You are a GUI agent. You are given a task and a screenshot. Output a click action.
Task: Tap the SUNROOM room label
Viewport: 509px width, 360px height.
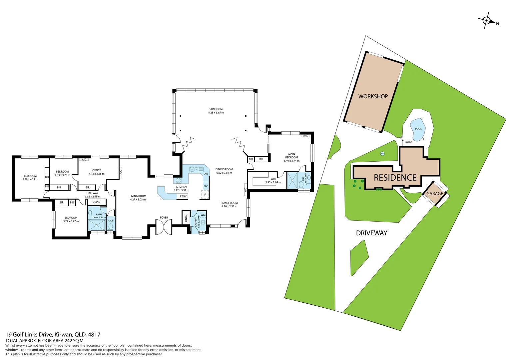pos(216,109)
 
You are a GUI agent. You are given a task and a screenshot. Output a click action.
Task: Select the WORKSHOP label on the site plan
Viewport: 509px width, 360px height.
pos(373,96)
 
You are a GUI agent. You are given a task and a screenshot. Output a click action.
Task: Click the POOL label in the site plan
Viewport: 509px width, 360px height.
pos(418,129)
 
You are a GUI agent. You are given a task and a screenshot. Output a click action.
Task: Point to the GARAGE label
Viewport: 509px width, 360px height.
pos(435,194)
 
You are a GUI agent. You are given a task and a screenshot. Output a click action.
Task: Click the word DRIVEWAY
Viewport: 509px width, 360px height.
pos(371,233)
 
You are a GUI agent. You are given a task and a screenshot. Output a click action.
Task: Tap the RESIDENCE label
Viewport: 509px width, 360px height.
pos(395,178)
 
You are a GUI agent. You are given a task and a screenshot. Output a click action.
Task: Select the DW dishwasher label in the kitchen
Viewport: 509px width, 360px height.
pos(206,174)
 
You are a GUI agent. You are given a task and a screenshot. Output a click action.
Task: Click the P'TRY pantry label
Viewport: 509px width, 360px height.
pos(183,196)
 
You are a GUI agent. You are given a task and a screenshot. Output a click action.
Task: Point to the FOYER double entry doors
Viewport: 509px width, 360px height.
pos(164,227)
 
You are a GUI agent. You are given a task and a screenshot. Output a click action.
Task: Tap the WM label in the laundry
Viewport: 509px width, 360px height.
pos(203,215)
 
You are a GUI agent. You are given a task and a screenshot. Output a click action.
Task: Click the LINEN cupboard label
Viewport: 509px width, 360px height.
pos(186,218)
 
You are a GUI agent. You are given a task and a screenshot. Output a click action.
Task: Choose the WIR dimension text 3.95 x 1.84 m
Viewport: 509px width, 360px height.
pos(273,182)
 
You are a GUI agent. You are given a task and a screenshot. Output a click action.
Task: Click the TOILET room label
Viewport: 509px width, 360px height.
pos(111,220)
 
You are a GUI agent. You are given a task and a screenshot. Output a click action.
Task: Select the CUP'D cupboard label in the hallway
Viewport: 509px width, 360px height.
pos(96,202)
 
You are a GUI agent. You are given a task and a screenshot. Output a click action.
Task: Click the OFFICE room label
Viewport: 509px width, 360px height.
pos(97,170)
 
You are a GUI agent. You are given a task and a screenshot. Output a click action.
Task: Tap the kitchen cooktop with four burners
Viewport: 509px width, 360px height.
pos(179,181)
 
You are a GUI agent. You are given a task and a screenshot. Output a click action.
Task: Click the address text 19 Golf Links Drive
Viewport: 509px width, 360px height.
pos(29,334)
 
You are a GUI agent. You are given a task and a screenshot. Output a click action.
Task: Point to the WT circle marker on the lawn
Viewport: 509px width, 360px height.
pos(382,154)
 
